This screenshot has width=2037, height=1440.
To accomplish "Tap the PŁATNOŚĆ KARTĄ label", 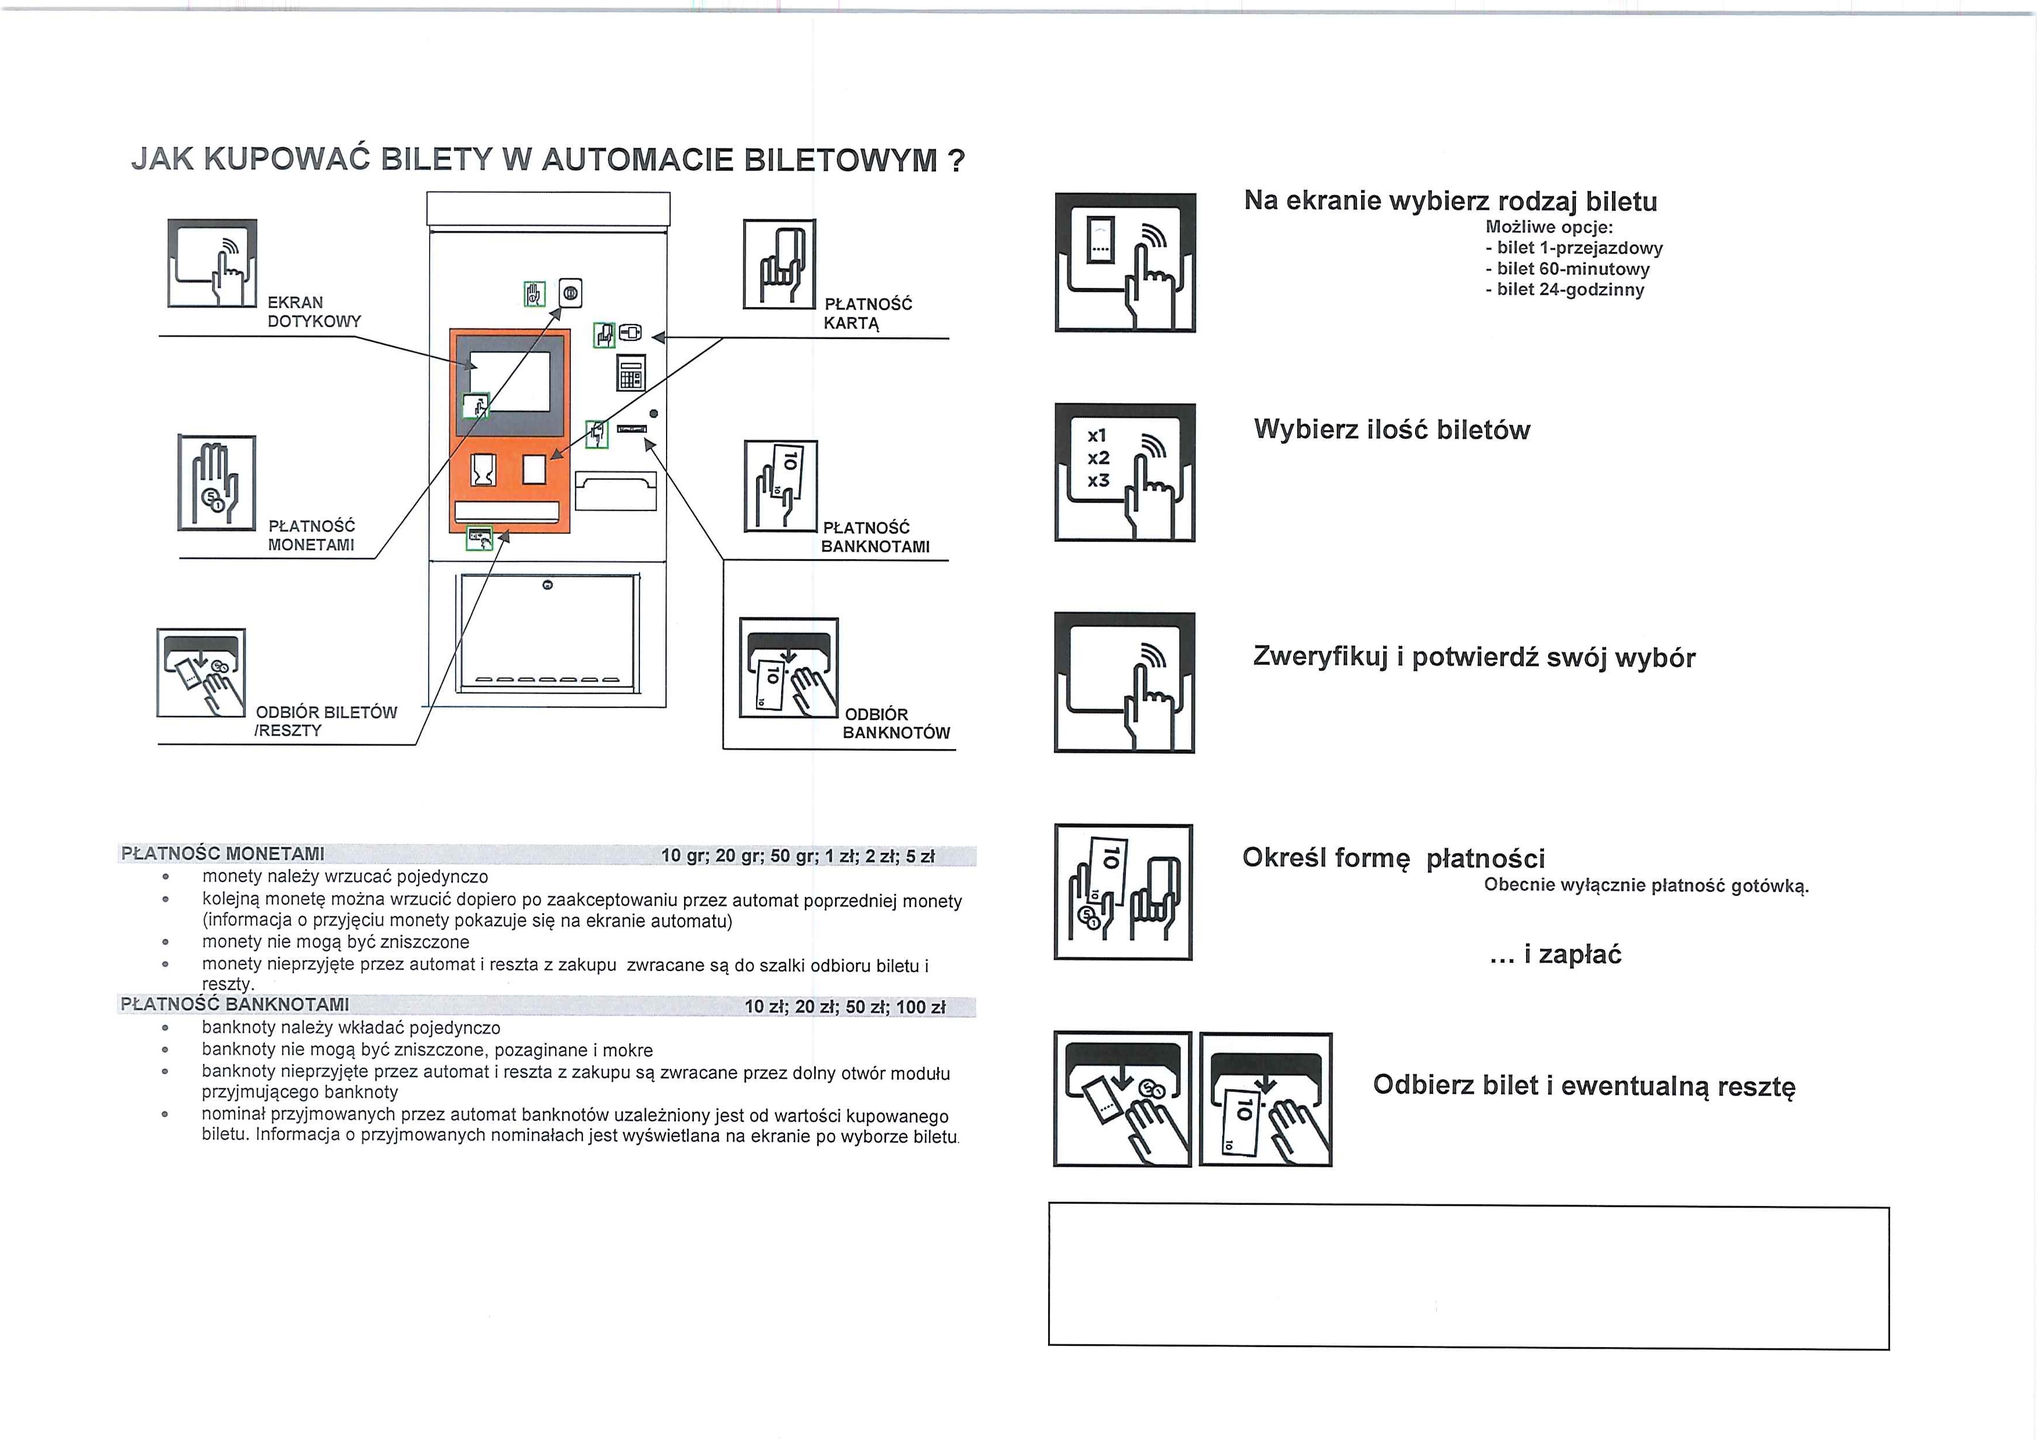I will (867, 313).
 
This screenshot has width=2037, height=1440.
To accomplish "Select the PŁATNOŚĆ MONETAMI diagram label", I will (311, 535).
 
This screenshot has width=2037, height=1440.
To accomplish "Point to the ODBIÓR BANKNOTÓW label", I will (895, 723).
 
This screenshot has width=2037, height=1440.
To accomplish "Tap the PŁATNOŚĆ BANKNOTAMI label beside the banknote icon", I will (874, 537).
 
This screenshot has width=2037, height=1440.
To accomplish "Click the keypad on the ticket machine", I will (631, 373).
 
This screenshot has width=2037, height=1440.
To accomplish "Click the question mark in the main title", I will (956, 161).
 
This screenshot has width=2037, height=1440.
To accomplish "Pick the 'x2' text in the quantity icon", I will (1099, 458).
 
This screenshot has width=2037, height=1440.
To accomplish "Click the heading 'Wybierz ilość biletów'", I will (1391, 430).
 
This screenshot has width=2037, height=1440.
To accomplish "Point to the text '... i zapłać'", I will (1555, 954).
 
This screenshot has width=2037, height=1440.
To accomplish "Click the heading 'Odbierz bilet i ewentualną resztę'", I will (1583, 1085).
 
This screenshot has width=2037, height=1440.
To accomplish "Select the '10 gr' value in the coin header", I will (682, 855).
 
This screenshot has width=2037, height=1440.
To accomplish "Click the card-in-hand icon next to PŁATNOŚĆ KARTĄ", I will (779, 264).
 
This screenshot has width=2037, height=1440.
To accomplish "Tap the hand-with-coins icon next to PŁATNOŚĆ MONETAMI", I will (217, 483).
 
